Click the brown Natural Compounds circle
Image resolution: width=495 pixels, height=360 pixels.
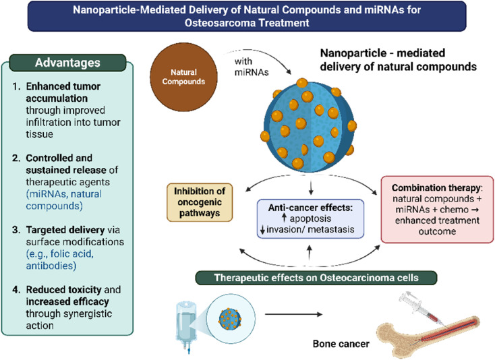pyautogui.click(x=183, y=77)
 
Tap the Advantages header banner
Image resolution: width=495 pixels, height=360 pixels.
pyautogui.click(x=68, y=63)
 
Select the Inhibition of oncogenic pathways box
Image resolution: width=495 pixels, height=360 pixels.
pyautogui.click(x=200, y=202)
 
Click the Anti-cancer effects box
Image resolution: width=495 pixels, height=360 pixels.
pyautogui.click(x=310, y=218)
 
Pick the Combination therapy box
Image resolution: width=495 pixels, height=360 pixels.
pyautogui.click(x=437, y=210)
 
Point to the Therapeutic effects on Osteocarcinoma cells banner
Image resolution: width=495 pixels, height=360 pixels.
pyautogui.click(x=316, y=278)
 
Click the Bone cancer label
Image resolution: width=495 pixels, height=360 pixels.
pyautogui.click(x=341, y=344)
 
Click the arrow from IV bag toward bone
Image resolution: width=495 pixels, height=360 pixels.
pyautogui.click(x=293, y=314)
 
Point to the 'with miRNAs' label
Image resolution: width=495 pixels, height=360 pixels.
pyautogui.click(x=252, y=67)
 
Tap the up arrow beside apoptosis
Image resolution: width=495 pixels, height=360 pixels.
pyautogui.click(x=284, y=218)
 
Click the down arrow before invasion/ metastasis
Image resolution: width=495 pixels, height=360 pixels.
pyautogui.click(x=262, y=229)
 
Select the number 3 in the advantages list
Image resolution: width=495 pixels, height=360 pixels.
pyautogui.click(x=16, y=230)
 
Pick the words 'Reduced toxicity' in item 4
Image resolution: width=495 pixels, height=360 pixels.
pyautogui.click(x=64, y=289)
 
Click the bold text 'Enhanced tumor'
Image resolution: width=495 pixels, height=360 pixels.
pyautogui.click(x=63, y=86)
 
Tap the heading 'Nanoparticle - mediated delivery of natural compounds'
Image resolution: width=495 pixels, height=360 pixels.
pyautogui.click(x=399, y=59)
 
